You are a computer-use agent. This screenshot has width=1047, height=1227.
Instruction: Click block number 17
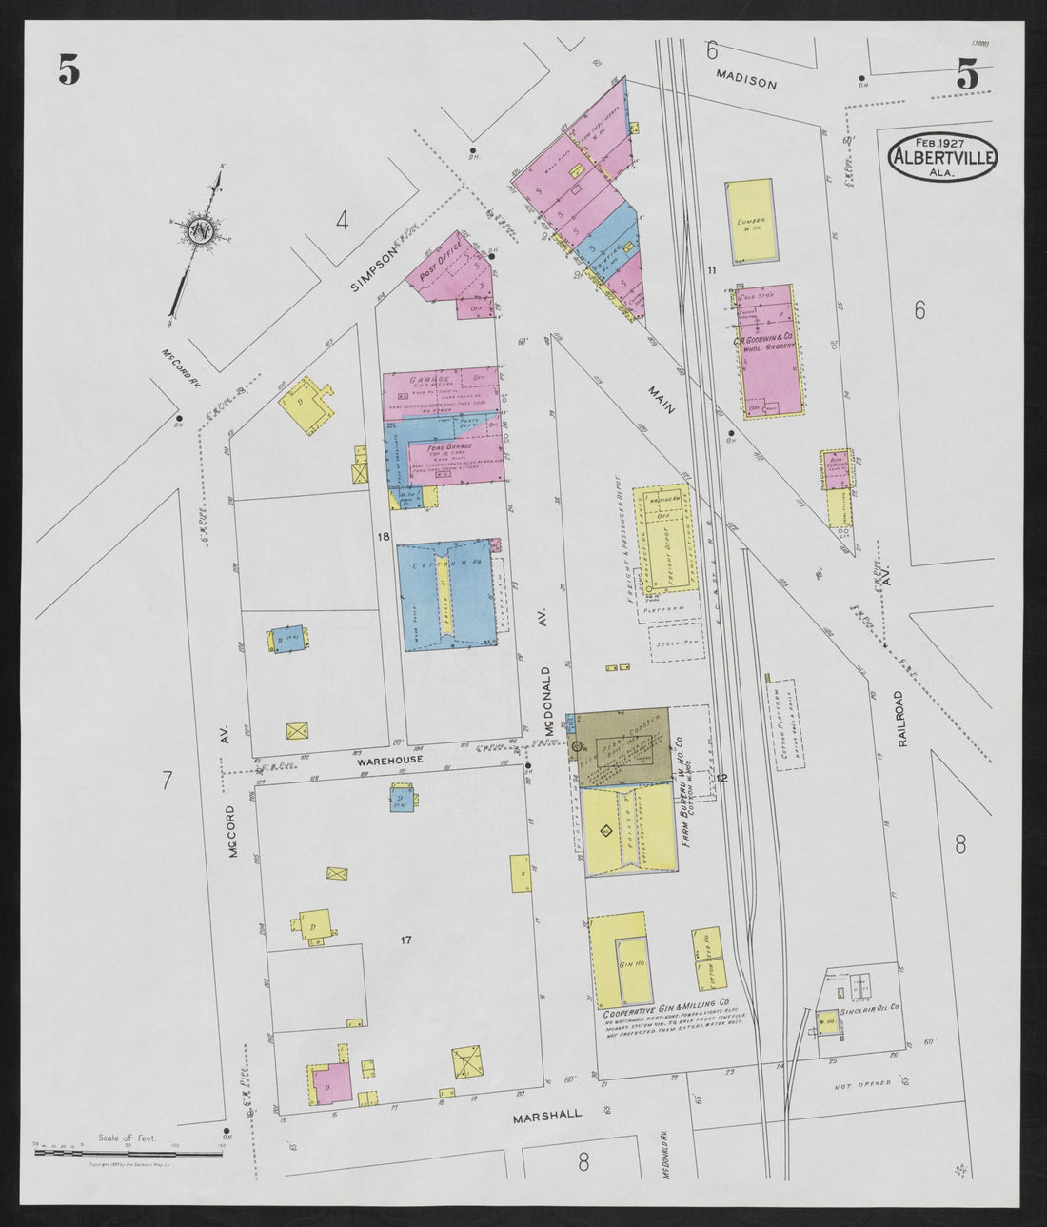(405, 940)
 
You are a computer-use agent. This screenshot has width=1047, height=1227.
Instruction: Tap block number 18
(384, 538)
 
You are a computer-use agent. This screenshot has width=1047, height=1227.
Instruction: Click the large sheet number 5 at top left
(68, 69)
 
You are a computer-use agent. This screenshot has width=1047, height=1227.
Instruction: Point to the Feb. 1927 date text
(943, 141)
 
